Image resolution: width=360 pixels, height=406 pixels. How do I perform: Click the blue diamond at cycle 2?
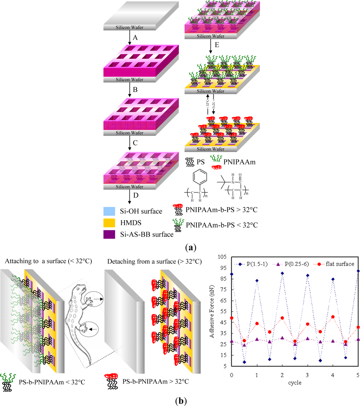tap(282, 273)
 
